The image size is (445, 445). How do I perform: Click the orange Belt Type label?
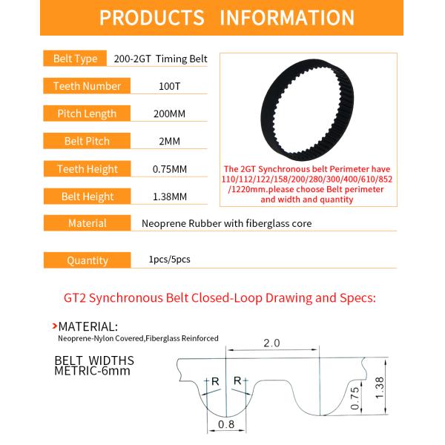[76, 59]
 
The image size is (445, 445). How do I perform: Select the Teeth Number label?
[87, 86]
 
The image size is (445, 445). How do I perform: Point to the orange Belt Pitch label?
[87, 141]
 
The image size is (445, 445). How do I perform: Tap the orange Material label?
[87, 223]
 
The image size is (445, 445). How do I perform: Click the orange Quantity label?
[87, 260]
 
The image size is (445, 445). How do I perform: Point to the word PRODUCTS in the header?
[151, 18]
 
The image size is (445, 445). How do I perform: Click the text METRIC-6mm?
[92, 370]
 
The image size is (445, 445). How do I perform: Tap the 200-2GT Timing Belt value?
[161, 59]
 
